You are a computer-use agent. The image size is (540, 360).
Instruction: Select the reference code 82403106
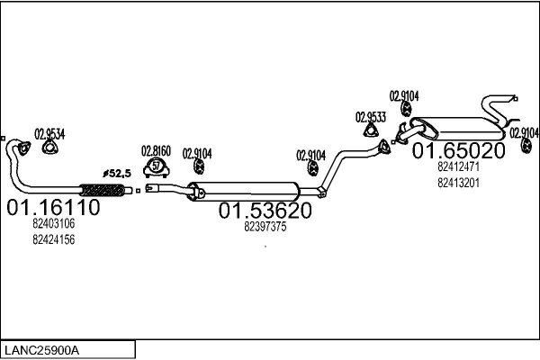53,224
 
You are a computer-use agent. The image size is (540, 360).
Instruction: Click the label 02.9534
50,135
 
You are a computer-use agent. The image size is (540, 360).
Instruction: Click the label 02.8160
156,150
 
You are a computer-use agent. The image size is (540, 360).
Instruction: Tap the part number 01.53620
265,211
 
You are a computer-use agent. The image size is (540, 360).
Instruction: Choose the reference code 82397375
265,228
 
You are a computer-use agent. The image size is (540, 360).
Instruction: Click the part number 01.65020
459,150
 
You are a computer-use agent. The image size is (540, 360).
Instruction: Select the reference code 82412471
458,166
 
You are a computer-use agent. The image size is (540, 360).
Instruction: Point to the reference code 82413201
458,182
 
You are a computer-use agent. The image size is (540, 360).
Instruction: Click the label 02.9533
370,117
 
